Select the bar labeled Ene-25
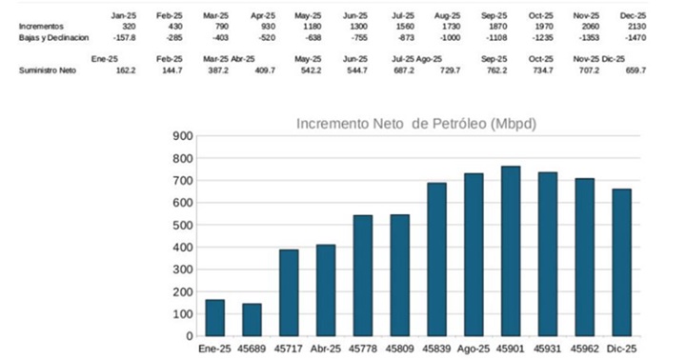214,317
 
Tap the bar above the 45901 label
511,250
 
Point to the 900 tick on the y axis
181,136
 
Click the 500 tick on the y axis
181,225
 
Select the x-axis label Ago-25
474,350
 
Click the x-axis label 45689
252,350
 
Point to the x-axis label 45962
585,350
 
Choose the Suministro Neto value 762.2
522,70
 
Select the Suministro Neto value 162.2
124,70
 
